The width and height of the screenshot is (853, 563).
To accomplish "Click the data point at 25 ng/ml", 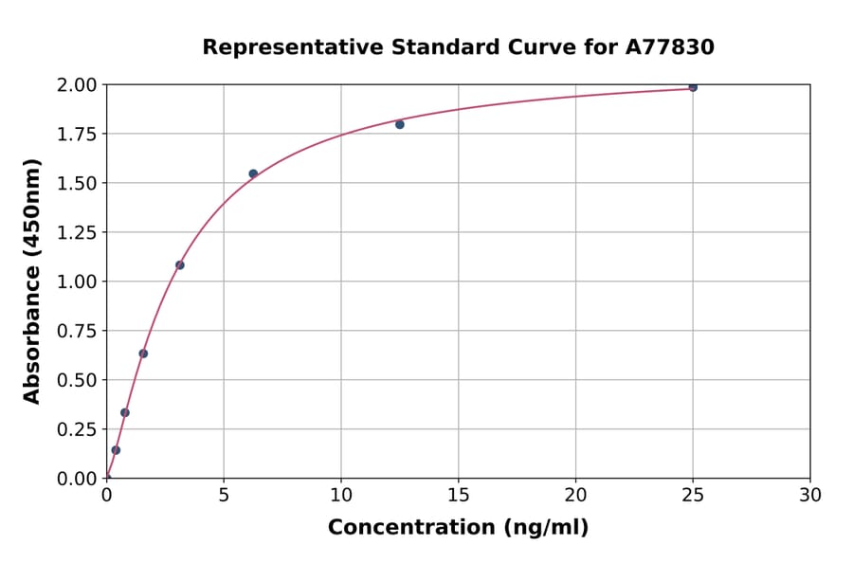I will [x=693, y=87].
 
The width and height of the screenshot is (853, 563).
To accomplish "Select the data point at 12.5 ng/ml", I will [x=400, y=124].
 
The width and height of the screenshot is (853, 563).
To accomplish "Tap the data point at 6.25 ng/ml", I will [x=253, y=173].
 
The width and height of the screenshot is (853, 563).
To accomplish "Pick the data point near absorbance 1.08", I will [x=180, y=265].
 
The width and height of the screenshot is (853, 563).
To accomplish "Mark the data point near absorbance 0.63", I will [x=143, y=354].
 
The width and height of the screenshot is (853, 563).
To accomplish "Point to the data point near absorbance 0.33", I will [x=125, y=412].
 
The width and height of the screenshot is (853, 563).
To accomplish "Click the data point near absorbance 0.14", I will [x=116, y=450].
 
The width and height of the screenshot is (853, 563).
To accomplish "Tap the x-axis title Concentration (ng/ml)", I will [x=458, y=528].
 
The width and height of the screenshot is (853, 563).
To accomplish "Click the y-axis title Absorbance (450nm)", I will [x=32, y=281].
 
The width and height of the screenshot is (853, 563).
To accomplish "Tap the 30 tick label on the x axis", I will [x=810, y=495].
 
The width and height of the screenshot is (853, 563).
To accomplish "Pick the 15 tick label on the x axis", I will [x=459, y=495].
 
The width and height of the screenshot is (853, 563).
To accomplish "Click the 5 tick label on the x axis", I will [x=224, y=495].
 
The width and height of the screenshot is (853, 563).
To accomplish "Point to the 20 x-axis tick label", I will [x=575, y=495].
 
